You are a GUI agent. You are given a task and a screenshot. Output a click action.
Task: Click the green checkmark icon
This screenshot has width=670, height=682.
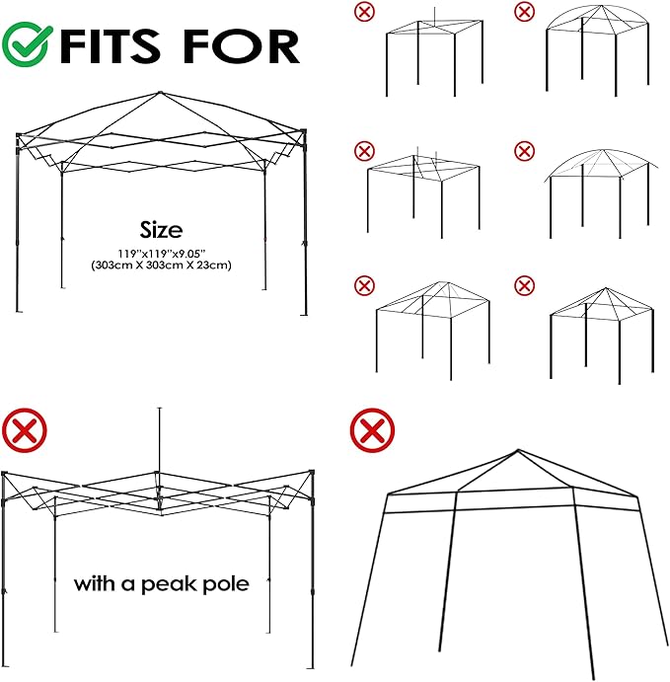[x=26, y=44]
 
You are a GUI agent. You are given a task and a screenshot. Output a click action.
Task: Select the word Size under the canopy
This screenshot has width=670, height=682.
[x=161, y=230]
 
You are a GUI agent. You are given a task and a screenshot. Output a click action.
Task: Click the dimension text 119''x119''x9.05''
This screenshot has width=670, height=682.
[x=161, y=253]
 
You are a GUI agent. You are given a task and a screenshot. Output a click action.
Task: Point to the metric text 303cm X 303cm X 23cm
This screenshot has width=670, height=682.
[x=161, y=265]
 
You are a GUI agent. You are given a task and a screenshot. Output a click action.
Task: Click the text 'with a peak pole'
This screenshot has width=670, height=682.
[x=161, y=583]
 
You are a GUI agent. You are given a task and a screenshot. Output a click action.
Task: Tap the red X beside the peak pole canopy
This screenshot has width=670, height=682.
[x=25, y=430]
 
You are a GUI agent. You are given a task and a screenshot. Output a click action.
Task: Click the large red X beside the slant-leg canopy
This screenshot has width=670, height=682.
[x=372, y=430]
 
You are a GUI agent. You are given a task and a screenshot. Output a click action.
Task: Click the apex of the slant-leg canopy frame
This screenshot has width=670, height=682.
[x=518, y=450]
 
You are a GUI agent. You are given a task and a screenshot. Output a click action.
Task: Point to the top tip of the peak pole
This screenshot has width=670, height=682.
[x=160, y=408]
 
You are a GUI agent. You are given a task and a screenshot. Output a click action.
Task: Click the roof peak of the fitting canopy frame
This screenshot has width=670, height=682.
[x=160, y=93]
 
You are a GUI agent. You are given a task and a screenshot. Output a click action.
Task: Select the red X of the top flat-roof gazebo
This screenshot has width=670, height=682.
[x=364, y=12]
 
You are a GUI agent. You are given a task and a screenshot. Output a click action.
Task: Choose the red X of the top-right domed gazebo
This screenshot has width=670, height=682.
[x=524, y=12]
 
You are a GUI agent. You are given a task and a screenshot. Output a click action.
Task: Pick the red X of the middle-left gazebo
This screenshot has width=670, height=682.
[x=364, y=151]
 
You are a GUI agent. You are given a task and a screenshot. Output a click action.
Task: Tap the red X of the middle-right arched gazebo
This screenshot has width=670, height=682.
[x=524, y=151]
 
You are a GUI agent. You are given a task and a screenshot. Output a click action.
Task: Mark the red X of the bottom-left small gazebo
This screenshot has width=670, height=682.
[x=364, y=286]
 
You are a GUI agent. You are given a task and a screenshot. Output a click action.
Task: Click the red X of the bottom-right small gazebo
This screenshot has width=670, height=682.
[x=524, y=286]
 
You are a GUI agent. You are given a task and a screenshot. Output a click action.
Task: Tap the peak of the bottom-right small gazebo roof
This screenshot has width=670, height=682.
[x=605, y=288]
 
